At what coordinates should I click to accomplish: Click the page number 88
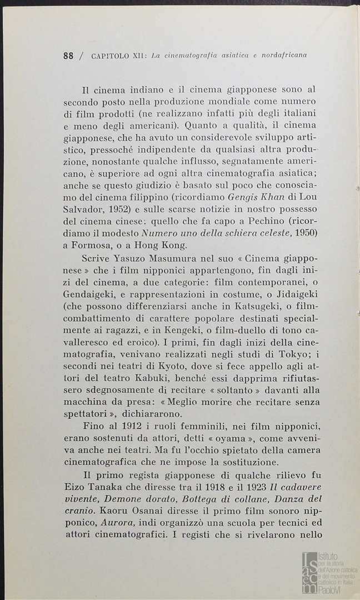tap(69, 56)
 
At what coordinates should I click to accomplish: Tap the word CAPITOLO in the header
tap(109, 56)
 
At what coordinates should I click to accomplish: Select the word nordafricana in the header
tap(281, 56)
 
